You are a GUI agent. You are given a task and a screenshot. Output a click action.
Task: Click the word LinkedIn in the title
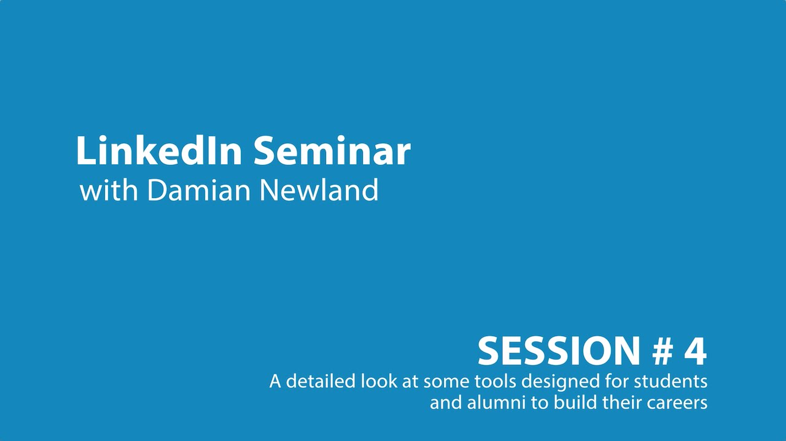[158, 151]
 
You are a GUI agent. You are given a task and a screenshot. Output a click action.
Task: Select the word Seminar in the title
[332, 151]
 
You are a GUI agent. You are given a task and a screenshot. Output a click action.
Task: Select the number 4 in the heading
[695, 351]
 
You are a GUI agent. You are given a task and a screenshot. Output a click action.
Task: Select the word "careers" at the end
[680, 403]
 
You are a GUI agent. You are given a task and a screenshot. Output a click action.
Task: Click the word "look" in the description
[376, 382]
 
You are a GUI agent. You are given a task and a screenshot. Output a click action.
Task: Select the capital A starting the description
[276, 382]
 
